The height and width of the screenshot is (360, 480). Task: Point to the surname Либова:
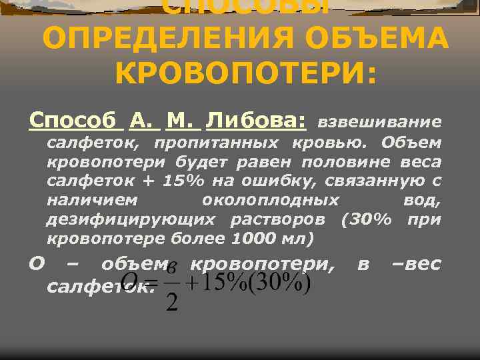tap(256, 121)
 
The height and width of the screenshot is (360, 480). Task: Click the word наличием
tap(93, 200)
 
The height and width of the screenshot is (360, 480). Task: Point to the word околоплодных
tap(270, 200)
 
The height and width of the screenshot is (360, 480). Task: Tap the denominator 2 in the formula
tap(171, 303)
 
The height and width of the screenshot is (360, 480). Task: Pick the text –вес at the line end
tap(417, 265)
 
